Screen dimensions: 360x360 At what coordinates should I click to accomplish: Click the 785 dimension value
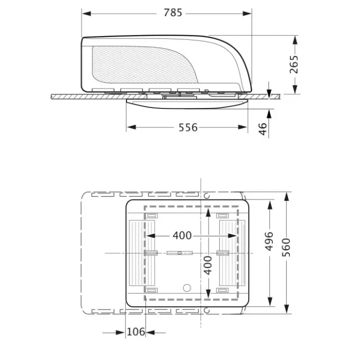pos(173,13)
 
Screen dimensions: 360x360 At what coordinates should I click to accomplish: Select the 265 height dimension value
pos(294,64)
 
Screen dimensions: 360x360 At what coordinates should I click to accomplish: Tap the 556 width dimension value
pos(188,127)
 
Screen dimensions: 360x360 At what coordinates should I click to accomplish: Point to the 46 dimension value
pos(263,129)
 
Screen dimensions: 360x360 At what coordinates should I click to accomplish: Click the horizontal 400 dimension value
pos(182,235)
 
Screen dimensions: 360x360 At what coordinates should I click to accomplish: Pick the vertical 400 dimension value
pos(208,266)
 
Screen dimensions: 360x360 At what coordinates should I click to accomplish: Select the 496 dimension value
pos(269,241)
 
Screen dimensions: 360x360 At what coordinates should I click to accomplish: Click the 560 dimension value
pos(287,247)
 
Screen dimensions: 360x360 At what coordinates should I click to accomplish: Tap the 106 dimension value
pos(136,332)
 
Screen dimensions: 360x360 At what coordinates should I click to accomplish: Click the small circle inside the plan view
pos(187,288)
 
